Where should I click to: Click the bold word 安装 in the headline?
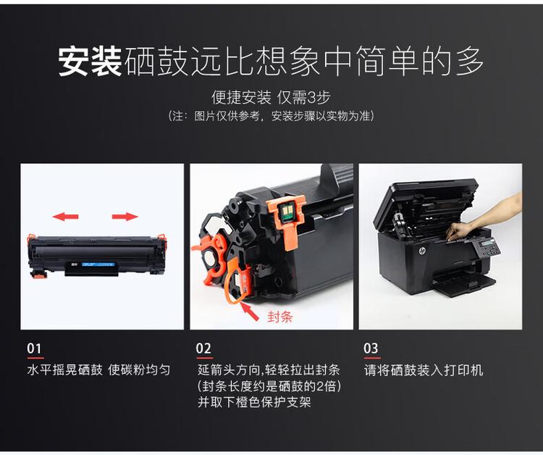point(90,62)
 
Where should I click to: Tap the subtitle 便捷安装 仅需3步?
point(271,98)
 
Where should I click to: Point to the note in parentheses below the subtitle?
point(271,116)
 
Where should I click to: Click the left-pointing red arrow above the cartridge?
point(66,216)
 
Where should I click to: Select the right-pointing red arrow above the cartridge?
point(125,216)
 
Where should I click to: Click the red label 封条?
point(279,317)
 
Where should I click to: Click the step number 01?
point(35,348)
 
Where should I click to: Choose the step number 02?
point(204,348)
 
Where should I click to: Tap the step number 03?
point(371,348)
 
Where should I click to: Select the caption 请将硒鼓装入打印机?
point(424,370)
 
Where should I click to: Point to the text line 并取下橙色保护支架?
point(254,401)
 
